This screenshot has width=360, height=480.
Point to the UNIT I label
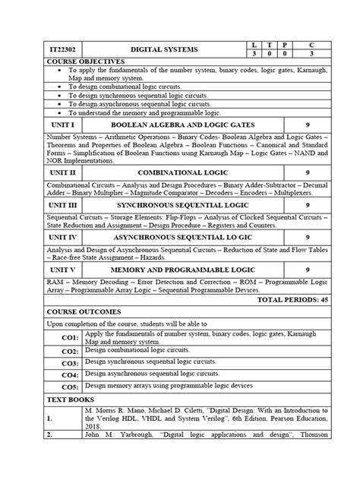(x=52, y=124)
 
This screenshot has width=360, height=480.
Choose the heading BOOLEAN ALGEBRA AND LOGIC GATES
(x=182, y=124)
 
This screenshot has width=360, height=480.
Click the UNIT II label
(x=52, y=173)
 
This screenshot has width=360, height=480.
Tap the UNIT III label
(x=53, y=205)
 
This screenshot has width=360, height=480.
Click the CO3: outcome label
(x=70, y=364)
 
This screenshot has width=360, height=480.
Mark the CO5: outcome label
(x=70, y=387)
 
